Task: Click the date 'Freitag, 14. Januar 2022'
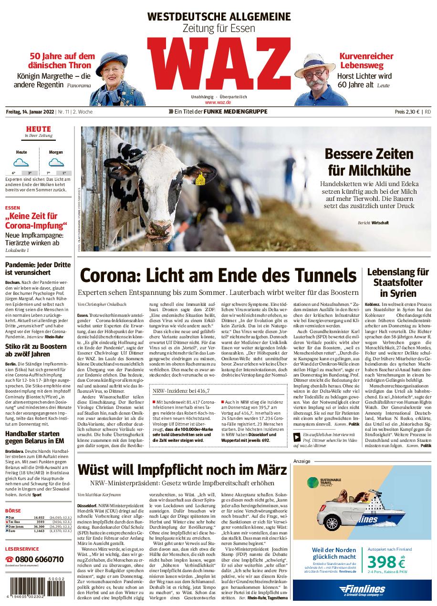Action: click(30, 112)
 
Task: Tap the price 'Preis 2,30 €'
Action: click(407, 112)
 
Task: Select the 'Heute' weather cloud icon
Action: click(21, 163)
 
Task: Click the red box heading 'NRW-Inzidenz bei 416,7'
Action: click(181, 391)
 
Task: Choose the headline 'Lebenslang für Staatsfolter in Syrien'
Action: click(398, 282)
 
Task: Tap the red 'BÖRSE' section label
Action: click(13, 510)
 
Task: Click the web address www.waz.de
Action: click(218, 102)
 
